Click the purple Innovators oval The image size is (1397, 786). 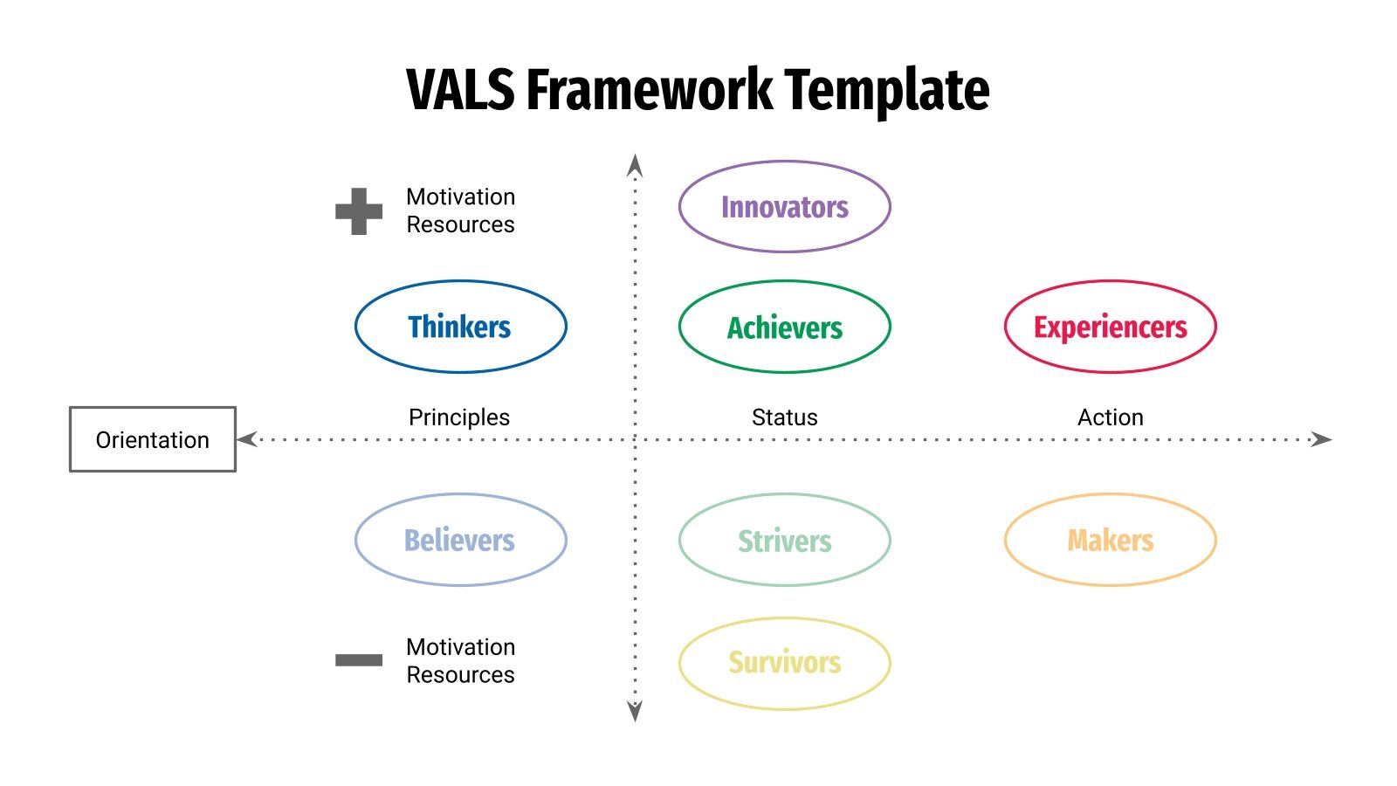pyautogui.click(x=784, y=207)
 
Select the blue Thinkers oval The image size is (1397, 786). pyautogui.click(x=460, y=327)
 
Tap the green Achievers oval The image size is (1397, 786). pyautogui.click(x=784, y=327)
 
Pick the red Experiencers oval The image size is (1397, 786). pyautogui.click(x=1110, y=327)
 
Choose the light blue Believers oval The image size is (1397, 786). pyautogui.click(x=460, y=540)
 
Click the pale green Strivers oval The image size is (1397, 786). pyautogui.click(x=784, y=540)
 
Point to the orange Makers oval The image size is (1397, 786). pyautogui.click(x=1110, y=540)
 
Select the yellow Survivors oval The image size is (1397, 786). pyautogui.click(x=784, y=663)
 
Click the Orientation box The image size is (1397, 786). pyautogui.click(x=153, y=439)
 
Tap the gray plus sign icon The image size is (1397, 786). pyautogui.click(x=359, y=211)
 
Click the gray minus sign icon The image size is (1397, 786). pyautogui.click(x=359, y=660)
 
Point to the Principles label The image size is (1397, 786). pyautogui.click(x=459, y=417)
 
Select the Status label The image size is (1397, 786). pyautogui.click(x=784, y=417)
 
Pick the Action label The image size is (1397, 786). pyautogui.click(x=1110, y=417)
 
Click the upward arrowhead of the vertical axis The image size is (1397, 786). pyautogui.click(x=635, y=166)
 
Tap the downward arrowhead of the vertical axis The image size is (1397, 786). pyautogui.click(x=635, y=711)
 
